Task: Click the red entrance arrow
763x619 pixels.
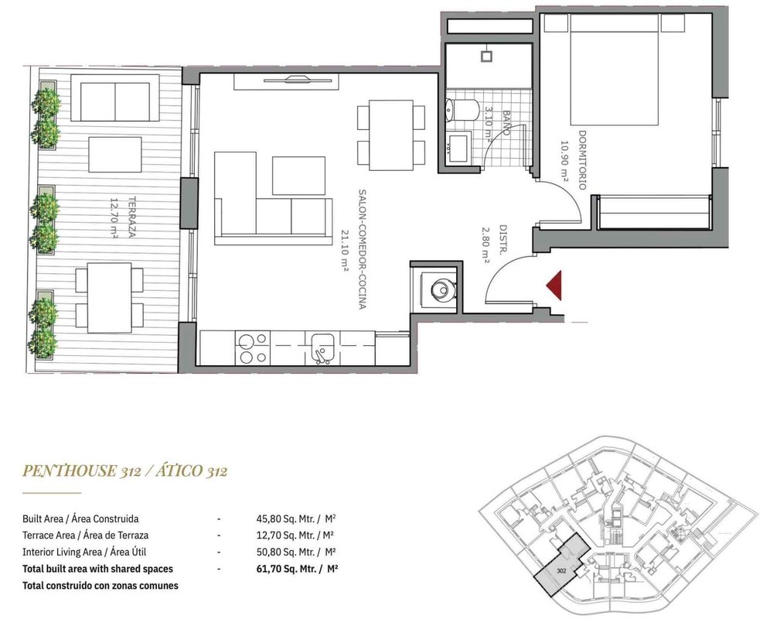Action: pyautogui.click(x=555, y=286)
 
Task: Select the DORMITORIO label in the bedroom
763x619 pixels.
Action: pyautogui.click(x=582, y=159)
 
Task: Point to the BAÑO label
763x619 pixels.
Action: pyautogui.click(x=506, y=122)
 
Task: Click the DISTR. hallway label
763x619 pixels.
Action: pyautogui.click(x=503, y=241)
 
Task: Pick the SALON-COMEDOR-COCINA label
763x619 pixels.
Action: pyautogui.click(x=362, y=249)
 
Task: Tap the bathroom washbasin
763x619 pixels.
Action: pyautogui.click(x=458, y=148)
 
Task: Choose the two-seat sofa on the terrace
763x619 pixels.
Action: pyautogui.click(x=115, y=98)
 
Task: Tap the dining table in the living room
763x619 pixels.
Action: pyautogui.click(x=390, y=135)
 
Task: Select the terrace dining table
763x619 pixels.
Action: pyautogui.click(x=110, y=298)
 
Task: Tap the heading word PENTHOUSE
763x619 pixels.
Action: pyautogui.click(x=69, y=470)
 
